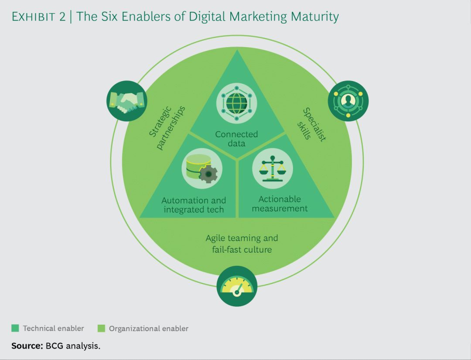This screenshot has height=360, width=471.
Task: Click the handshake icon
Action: click(127, 101)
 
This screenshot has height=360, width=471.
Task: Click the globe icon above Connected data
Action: click(237, 103)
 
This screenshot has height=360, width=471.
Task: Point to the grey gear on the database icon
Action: click(208, 174)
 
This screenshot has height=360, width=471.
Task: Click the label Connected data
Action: click(236, 138)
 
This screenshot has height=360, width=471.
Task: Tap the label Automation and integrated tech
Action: click(194, 205)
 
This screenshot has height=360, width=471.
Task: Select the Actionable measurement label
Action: click(280, 204)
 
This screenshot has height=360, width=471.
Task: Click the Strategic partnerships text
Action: click(167, 127)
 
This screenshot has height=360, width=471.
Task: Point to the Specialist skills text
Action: click(311, 125)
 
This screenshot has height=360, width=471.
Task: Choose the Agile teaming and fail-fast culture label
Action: click(242, 243)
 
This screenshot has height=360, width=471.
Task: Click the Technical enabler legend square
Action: click(15, 328)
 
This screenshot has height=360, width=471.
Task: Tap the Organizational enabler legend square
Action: click(101, 329)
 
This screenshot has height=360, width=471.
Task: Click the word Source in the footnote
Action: click(27, 346)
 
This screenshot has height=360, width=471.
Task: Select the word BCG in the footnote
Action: click(55, 346)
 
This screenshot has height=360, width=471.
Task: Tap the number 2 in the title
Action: click(62, 17)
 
